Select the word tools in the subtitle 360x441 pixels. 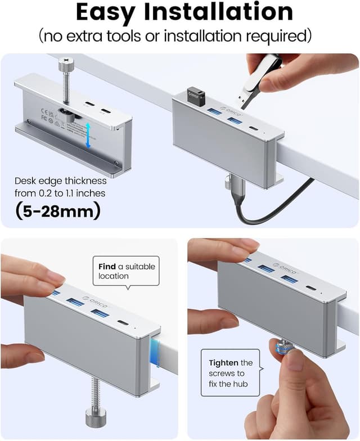point(146,36)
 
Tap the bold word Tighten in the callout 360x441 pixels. point(223,363)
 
